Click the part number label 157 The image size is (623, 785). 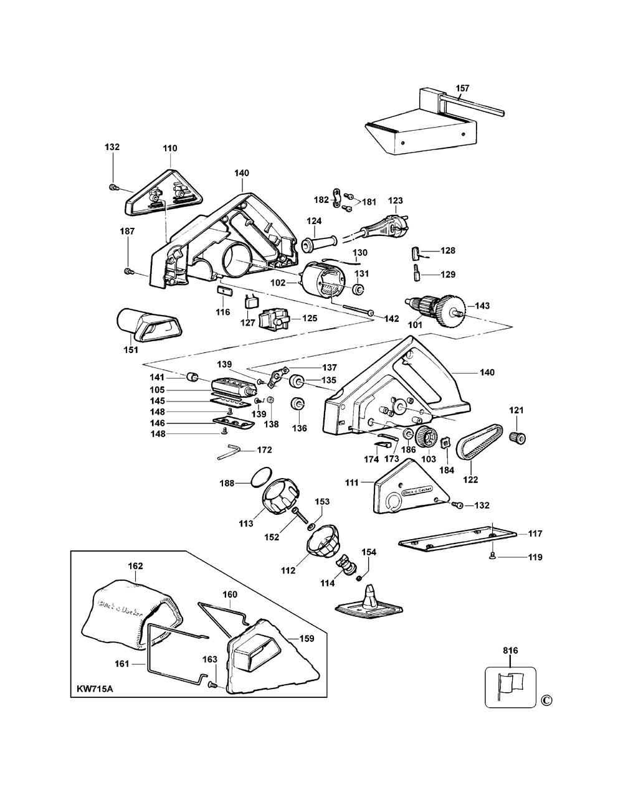click(x=462, y=88)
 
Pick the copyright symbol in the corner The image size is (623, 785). click(x=547, y=700)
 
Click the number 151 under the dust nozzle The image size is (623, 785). click(x=130, y=349)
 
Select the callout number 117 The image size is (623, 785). click(x=535, y=534)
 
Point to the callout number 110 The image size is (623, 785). click(x=170, y=148)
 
